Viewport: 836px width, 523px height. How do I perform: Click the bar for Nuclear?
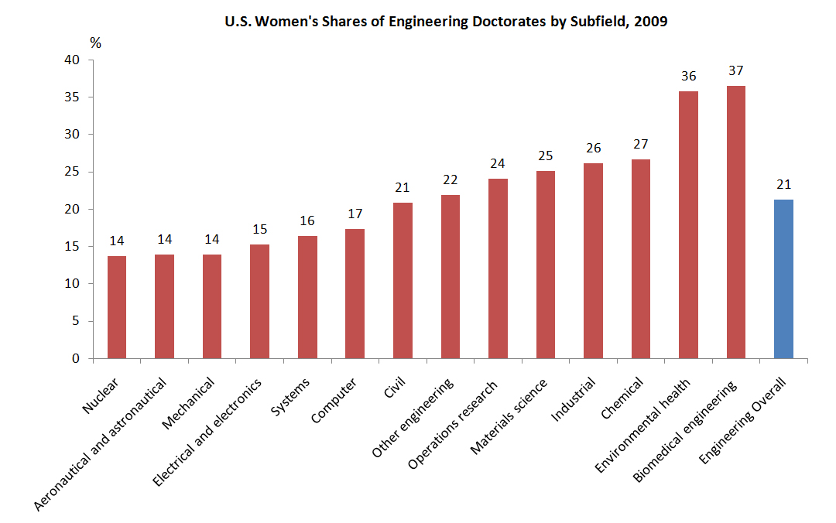click(x=117, y=307)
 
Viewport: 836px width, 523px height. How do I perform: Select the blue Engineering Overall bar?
click(x=783, y=279)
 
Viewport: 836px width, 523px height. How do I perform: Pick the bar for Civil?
click(x=403, y=280)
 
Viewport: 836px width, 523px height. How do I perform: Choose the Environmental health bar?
click(x=688, y=224)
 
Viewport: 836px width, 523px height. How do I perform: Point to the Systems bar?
click(x=307, y=297)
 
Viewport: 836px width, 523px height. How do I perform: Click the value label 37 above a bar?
click(x=736, y=71)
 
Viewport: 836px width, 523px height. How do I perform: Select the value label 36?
click(x=688, y=76)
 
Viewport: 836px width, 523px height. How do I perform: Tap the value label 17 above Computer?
click(x=355, y=214)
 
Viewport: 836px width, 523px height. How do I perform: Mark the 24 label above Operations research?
click(x=498, y=163)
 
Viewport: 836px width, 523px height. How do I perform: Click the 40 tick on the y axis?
click(x=73, y=60)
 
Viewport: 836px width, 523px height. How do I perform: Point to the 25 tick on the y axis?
click(x=73, y=172)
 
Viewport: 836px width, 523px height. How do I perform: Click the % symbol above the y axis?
click(x=96, y=43)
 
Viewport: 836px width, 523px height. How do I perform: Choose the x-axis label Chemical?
click(x=622, y=398)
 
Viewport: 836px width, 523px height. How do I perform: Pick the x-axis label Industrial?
click(x=574, y=400)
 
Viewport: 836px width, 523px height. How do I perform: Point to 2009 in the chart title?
click(x=651, y=22)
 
